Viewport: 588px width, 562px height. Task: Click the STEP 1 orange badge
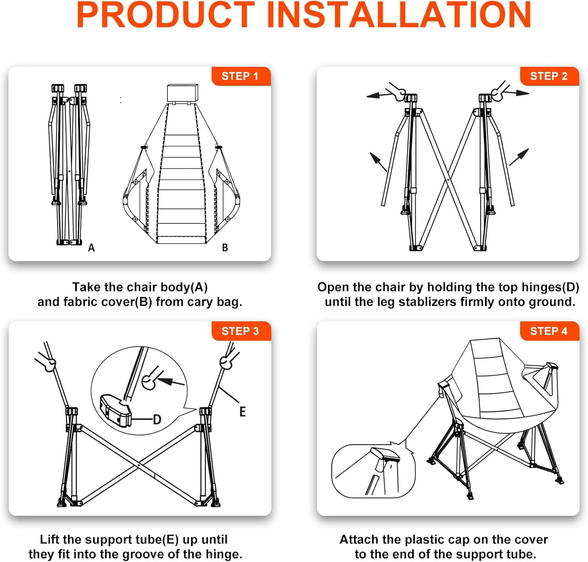pyautogui.click(x=241, y=76)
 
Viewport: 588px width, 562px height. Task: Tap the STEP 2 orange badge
pyautogui.click(x=549, y=76)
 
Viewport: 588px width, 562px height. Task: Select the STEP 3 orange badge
pyautogui.click(x=241, y=331)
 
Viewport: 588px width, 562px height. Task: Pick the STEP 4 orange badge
pyautogui.click(x=549, y=331)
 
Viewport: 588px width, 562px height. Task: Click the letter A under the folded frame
pyautogui.click(x=91, y=248)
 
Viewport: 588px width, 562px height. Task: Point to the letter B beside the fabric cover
pyautogui.click(x=225, y=248)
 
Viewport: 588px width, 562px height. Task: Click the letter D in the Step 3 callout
pyautogui.click(x=157, y=420)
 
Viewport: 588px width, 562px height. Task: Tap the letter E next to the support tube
pyautogui.click(x=243, y=412)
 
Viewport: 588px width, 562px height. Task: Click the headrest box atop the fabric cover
pyautogui.click(x=183, y=93)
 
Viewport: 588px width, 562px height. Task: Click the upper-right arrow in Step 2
pyautogui.click(x=517, y=93)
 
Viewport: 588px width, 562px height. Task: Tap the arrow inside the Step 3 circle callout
pyautogui.click(x=171, y=381)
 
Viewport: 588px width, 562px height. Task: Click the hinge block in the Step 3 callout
pyautogui.click(x=116, y=411)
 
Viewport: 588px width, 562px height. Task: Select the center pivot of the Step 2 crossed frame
pyautogui.click(x=448, y=180)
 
